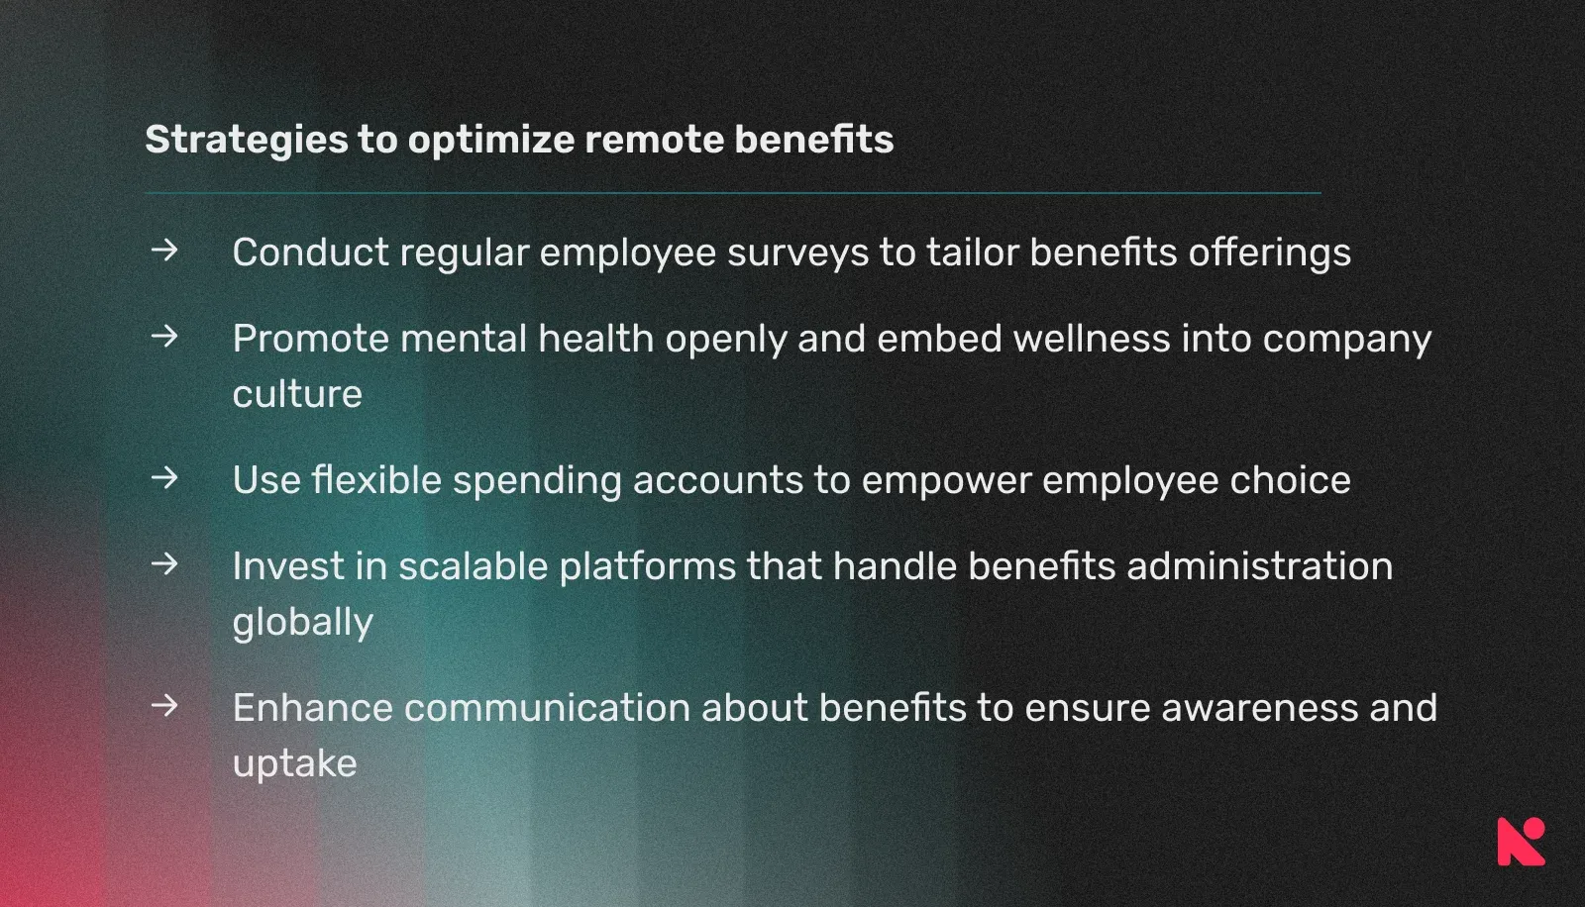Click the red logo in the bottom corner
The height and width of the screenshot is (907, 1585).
(1521, 842)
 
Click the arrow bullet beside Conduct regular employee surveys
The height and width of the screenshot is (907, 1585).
(164, 251)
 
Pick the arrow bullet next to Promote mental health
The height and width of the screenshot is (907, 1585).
(164, 337)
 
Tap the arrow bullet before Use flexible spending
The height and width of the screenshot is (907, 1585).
(164, 478)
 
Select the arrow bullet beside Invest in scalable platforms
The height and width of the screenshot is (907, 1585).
(164, 564)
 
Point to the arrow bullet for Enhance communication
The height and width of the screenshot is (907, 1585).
(164, 706)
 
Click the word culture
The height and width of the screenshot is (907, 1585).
(297, 394)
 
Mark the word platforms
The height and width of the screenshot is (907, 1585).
(647, 566)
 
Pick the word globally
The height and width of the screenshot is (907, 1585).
(302, 623)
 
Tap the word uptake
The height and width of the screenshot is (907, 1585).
(294, 764)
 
